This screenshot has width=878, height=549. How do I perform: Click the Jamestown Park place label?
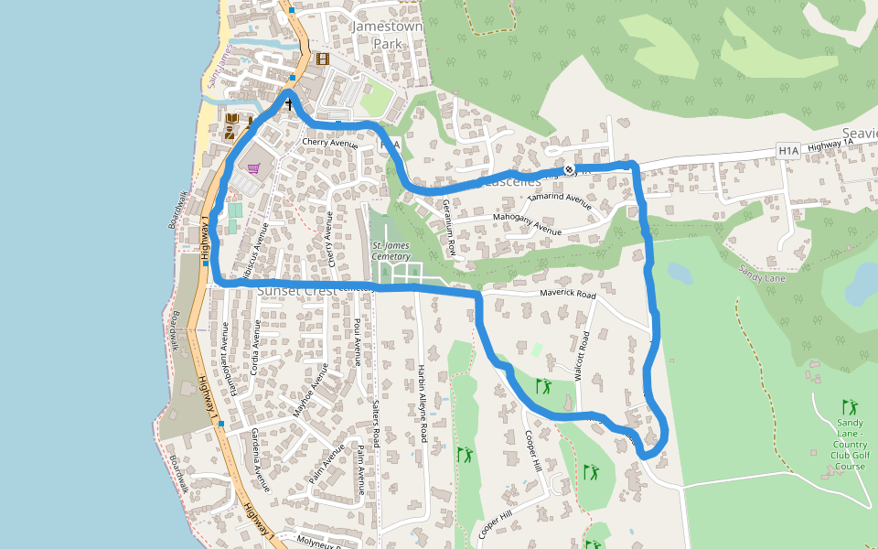[387, 35]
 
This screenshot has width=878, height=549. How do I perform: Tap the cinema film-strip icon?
[322, 59]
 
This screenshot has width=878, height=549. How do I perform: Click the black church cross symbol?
[289, 104]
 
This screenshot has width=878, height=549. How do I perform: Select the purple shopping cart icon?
[253, 168]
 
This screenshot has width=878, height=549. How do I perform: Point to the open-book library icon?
[231, 120]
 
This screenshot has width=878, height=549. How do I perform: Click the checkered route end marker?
[570, 169]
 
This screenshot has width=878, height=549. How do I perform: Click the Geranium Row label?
[448, 227]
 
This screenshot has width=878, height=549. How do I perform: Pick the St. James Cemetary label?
[391, 251]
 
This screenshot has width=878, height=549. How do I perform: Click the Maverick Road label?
[567, 296]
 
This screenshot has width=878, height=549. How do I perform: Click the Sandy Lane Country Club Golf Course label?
[850, 444]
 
